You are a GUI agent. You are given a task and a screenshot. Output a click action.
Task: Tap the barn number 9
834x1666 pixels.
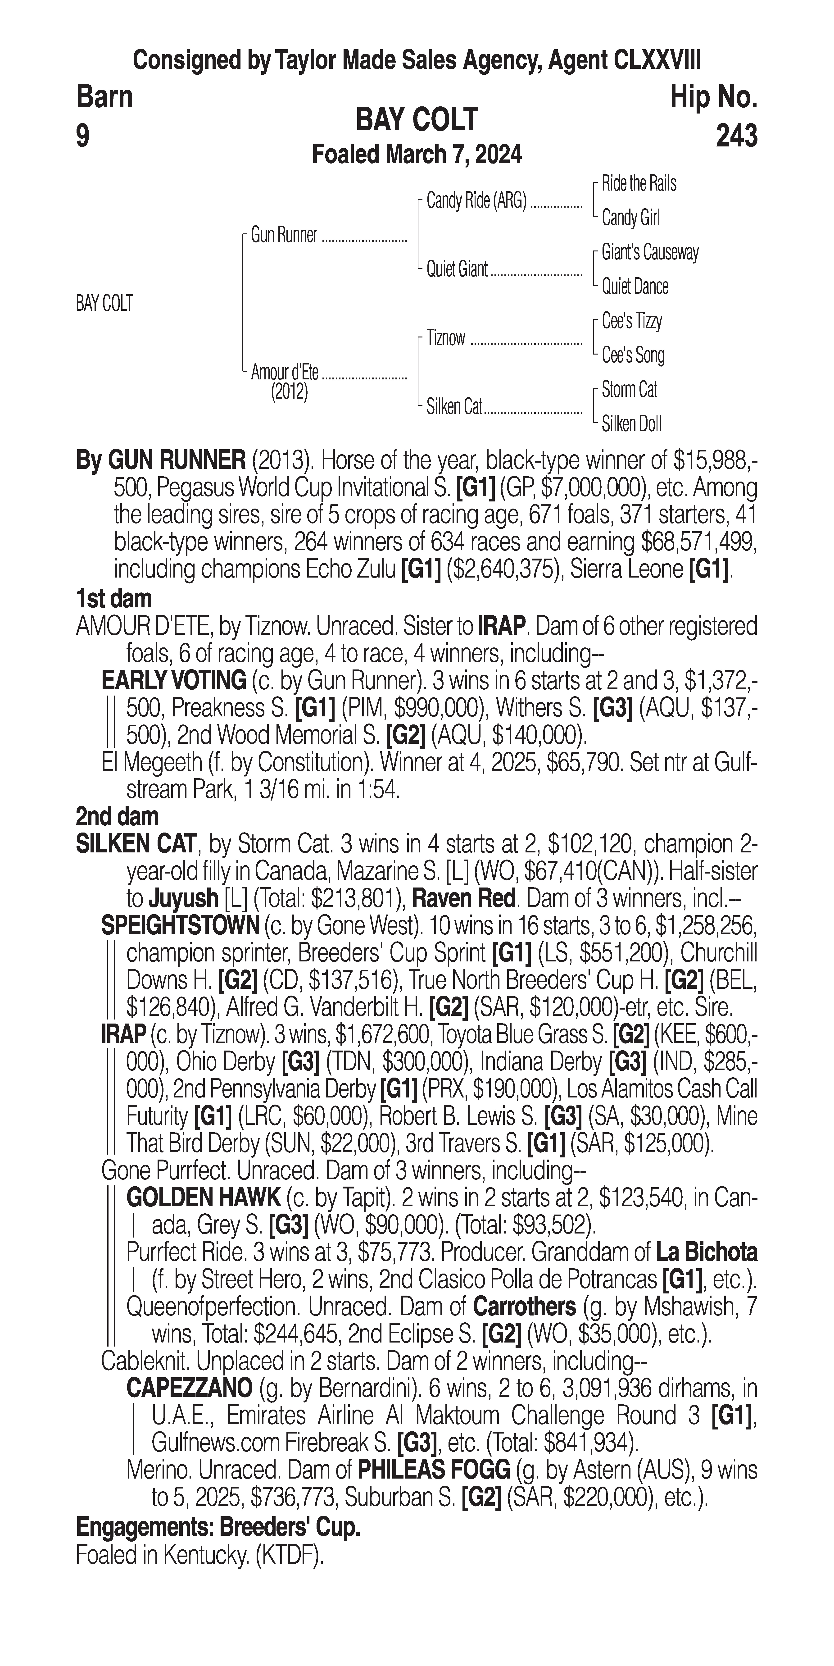(x=83, y=136)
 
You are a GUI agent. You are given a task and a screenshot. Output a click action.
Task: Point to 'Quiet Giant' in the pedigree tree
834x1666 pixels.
(x=456, y=269)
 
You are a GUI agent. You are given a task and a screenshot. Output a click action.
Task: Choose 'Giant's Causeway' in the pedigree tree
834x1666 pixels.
(x=650, y=252)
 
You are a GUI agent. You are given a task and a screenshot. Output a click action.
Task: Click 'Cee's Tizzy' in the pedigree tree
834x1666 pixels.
(x=632, y=321)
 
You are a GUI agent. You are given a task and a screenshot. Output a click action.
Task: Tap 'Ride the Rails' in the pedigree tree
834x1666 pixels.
(x=639, y=184)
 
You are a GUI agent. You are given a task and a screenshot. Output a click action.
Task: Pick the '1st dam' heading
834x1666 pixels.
(x=114, y=599)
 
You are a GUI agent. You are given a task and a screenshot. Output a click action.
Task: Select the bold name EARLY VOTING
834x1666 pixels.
(x=173, y=680)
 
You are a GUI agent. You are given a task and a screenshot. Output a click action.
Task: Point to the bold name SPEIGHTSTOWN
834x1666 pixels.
(x=180, y=925)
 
